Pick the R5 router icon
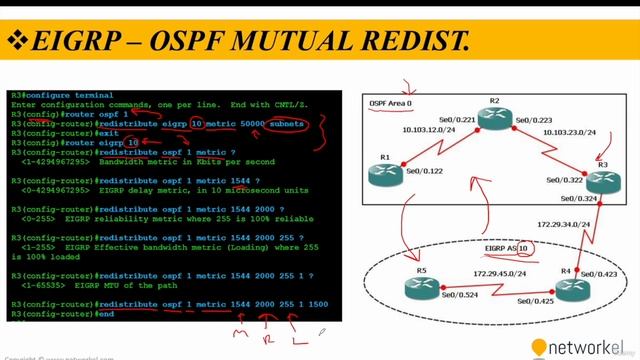coord(423,288)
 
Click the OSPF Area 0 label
coord(390,104)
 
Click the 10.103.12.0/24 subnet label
coord(430,130)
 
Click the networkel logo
coord(586,346)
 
